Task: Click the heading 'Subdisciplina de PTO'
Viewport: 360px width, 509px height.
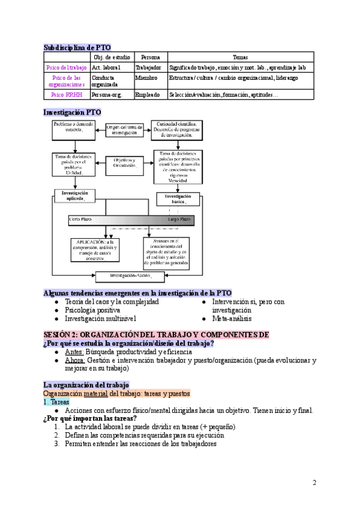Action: click(77, 47)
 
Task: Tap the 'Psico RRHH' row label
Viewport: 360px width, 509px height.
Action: click(67, 94)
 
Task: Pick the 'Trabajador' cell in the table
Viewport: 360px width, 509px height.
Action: click(148, 68)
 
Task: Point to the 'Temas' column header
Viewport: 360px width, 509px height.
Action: click(239, 56)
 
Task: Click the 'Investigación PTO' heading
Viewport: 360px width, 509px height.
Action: click(73, 112)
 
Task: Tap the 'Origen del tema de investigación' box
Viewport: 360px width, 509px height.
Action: click(124, 130)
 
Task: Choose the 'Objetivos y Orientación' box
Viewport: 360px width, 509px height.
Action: click(124, 162)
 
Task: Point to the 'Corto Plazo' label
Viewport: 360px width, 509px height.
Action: click(83, 220)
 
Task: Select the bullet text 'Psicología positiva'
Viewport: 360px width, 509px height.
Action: click(92, 310)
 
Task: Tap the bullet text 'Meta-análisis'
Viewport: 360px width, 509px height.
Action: click(231, 319)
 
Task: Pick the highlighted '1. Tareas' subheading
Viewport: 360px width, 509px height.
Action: click(56, 402)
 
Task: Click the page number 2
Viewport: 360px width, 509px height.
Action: click(314, 483)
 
